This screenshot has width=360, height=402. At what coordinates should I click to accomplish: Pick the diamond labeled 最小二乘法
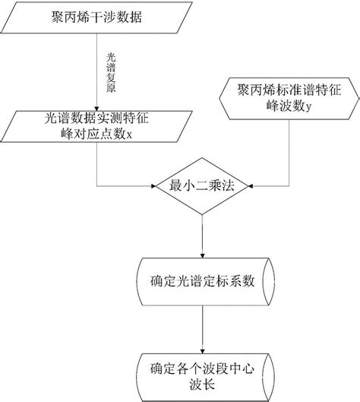(x=203, y=185)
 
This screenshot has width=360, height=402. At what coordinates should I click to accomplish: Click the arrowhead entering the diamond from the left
(x=152, y=185)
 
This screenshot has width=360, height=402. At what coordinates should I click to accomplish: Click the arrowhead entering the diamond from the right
(x=254, y=185)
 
